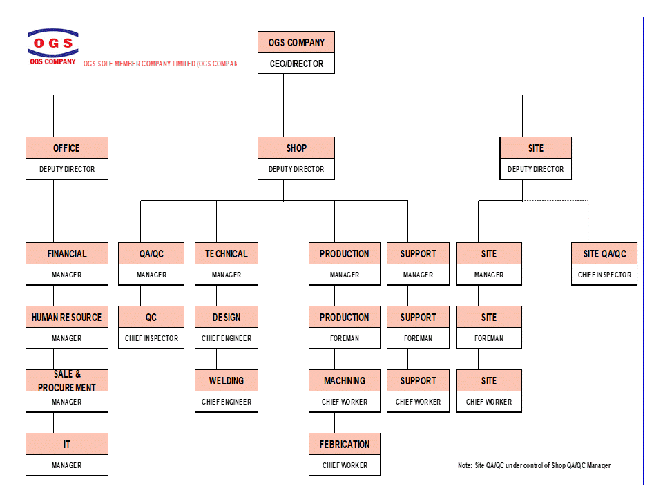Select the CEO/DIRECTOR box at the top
(296, 64)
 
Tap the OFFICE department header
(67, 148)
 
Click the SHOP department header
(296, 148)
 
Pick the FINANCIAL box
(67, 253)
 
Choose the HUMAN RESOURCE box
(67, 317)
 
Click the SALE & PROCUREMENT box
(67, 380)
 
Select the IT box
(67, 444)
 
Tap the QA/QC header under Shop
(151, 253)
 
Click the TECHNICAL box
(227, 253)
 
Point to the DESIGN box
(227, 317)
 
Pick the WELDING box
(227, 380)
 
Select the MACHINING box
(345, 380)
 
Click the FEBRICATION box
(345, 444)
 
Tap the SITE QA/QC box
(604, 253)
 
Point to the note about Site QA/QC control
(534, 465)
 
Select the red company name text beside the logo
(160, 64)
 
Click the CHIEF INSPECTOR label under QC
(151, 338)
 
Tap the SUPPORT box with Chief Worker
(418, 380)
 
